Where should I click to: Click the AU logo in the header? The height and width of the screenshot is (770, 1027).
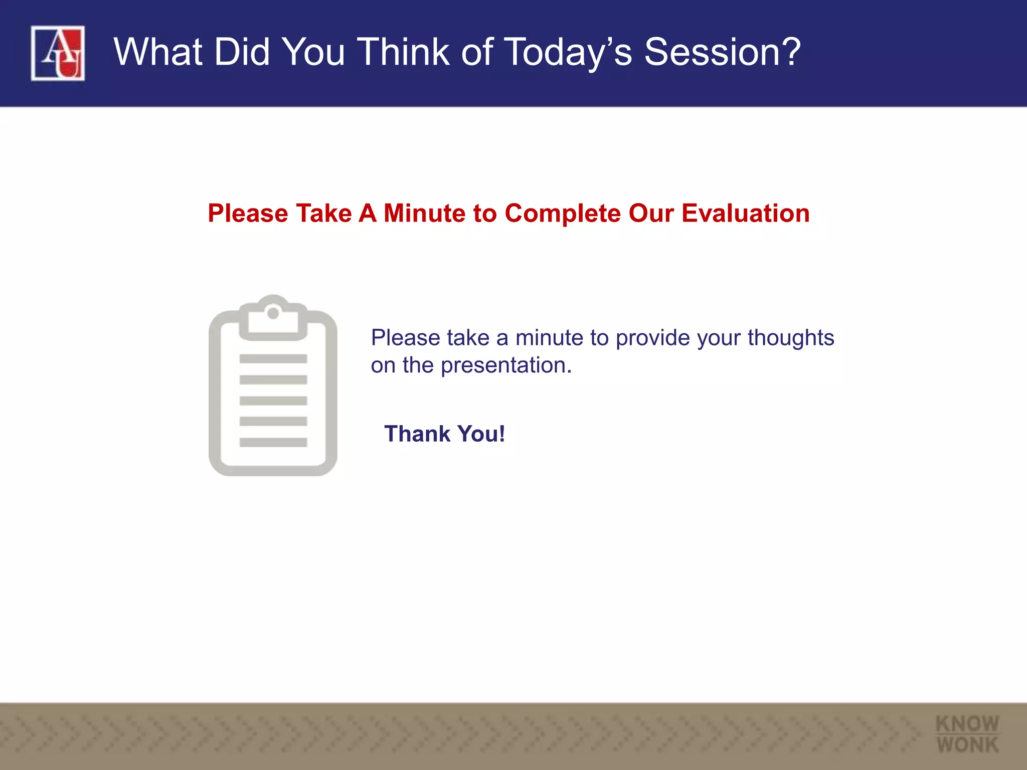coord(58,53)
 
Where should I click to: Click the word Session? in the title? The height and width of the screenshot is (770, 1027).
coord(722,52)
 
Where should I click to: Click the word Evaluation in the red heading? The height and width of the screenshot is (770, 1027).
coord(745,213)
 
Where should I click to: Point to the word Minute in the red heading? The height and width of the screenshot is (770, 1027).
coord(424,213)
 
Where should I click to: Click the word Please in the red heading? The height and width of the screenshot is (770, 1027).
coord(248,213)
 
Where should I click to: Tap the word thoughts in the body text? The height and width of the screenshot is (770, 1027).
coord(791,337)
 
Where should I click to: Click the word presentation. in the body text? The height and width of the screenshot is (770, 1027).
coord(506,365)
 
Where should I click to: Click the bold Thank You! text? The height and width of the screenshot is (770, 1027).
coord(444,434)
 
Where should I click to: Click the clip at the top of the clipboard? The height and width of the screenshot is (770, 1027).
coord(273,321)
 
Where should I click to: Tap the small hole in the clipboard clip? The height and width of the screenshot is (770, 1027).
coord(273,313)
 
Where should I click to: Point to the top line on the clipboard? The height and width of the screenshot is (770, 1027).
coord(273,358)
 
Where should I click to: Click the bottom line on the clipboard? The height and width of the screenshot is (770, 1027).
coord(273,442)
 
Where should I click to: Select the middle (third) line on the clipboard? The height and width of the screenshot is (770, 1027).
coord(273,401)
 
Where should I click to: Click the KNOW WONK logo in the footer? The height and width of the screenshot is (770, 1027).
coord(967,734)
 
